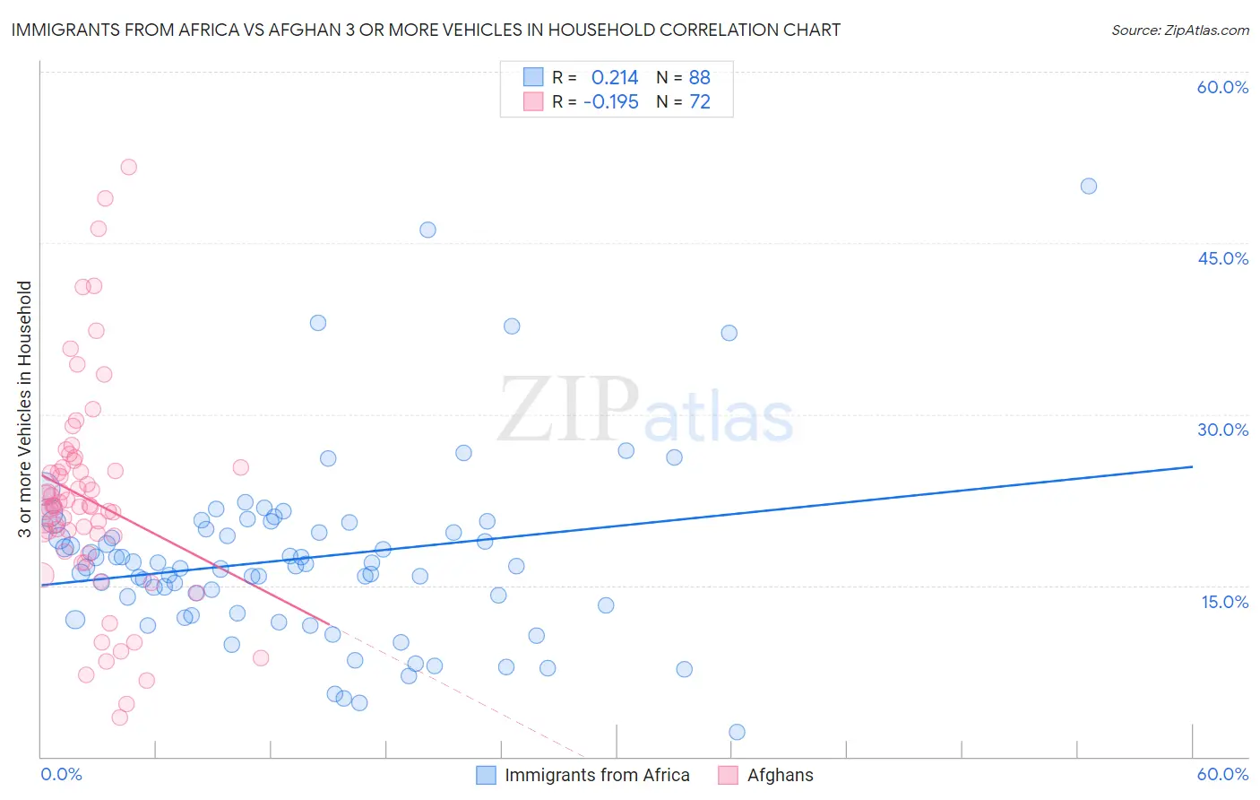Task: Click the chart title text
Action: pyautogui.click(x=426, y=30)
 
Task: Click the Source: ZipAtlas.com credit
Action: pyautogui.click(x=1179, y=30)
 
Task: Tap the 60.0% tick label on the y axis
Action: pyautogui.click(x=1222, y=87)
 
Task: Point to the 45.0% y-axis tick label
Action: pyautogui.click(x=1222, y=258)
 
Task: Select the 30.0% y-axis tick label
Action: pyautogui.click(x=1222, y=430)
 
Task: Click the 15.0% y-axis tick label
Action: pyautogui.click(x=1224, y=602)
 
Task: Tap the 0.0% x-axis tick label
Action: pyautogui.click(x=61, y=774)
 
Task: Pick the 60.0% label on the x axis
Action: pyautogui.click(x=1222, y=774)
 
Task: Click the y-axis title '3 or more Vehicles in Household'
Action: pyautogui.click(x=25, y=409)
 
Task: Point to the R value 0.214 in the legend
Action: pyautogui.click(x=615, y=78)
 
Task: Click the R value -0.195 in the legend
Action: pyautogui.click(x=611, y=102)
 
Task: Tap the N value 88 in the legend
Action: pyautogui.click(x=699, y=78)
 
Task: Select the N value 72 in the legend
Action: pyautogui.click(x=699, y=102)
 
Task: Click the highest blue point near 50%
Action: pyautogui.click(x=1089, y=187)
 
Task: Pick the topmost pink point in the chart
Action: pyautogui.click(x=128, y=167)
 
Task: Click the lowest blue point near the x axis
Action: pyautogui.click(x=737, y=732)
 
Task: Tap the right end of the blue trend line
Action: pyautogui.click(x=1192, y=466)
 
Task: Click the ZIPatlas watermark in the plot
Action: pyautogui.click(x=645, y=411)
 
